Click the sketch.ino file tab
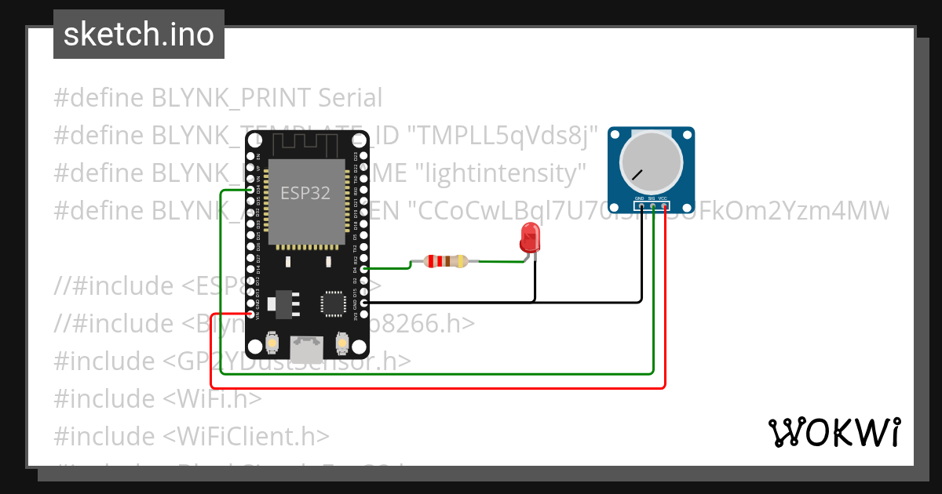point(138,35)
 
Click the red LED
point(530,237)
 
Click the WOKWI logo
point(834,432)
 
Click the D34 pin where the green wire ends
point(251,190)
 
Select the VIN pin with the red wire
point(251,314)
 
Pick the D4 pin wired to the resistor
point(363,268)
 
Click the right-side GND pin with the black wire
point(363,302)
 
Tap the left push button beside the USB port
point(270,343)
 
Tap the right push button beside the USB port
point(341,343)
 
